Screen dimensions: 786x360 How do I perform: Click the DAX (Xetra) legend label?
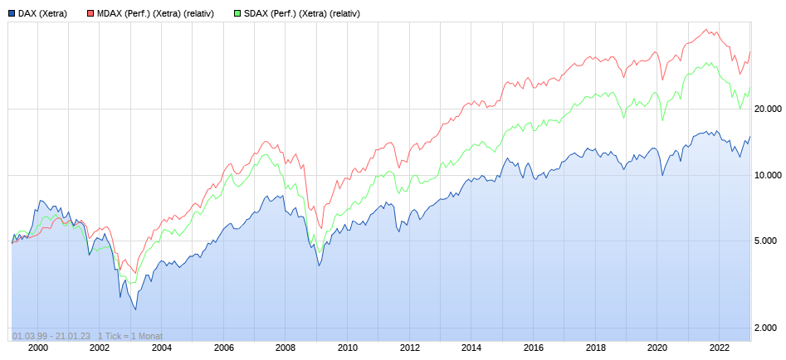click(x=42, y=13)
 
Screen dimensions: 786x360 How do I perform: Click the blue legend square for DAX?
click(x=12, y=13)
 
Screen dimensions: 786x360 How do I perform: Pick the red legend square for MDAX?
click(x=90, y=13)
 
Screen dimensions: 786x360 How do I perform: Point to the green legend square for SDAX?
click(x=237, y=13)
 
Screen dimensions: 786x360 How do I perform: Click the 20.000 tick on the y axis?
click(x=768, y=109)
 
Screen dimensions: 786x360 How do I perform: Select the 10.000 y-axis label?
click(x=768, y=175)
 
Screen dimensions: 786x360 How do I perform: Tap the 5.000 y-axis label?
click(x=770, y=241)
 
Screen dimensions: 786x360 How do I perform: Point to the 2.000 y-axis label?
click(x=770, y=328)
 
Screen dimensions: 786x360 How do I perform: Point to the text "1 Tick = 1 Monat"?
click(x=130, y=336)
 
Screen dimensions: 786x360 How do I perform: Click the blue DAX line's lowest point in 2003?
click(x=135, y=310)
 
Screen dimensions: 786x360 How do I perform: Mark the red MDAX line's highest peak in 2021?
click(x=706, y=29)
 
